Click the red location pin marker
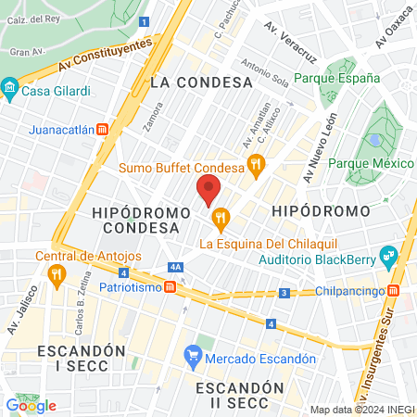[209, 192]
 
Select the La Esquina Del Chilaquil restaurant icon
[220, 220]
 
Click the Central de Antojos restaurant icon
[57, 273]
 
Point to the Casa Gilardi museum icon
[10, 89]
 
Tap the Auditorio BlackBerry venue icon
[388, 253]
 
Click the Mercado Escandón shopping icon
[193, 353]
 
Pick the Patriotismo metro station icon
[171, 288]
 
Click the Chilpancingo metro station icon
[395, 290]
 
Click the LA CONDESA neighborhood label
[201, 82]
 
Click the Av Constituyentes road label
[103, 56]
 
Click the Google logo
[31, 405]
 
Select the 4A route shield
[175, 268]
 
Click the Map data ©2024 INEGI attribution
[360, 410]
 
